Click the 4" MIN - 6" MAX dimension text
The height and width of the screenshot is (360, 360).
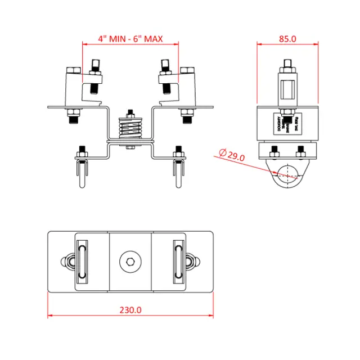click(130, 39)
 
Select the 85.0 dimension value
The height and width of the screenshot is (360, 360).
click(287, 39)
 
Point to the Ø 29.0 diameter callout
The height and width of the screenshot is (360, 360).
click(232, 156)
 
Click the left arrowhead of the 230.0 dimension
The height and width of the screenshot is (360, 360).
click(50, 316)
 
